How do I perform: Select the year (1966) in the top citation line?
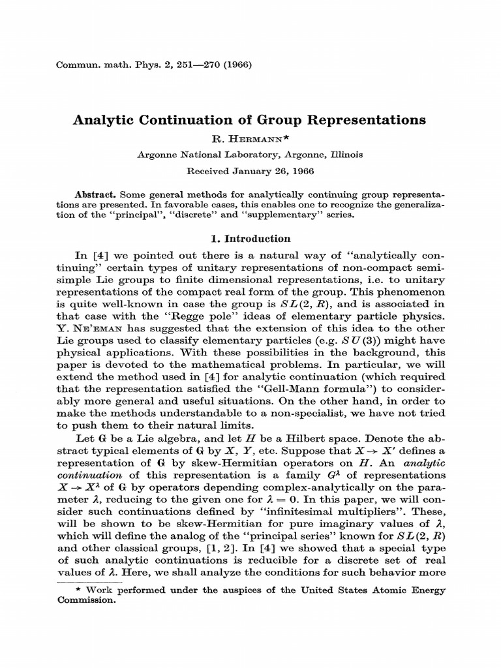click(237, 65)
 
